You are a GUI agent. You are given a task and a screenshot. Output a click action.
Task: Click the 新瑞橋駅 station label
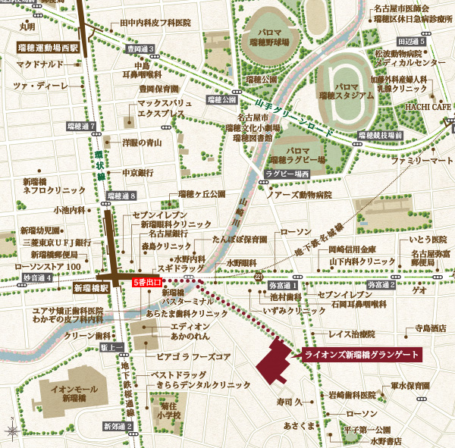[92, 289]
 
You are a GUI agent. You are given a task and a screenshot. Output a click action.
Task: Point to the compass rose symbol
[12, 432]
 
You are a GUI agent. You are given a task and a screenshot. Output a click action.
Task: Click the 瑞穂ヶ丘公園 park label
[202, 194]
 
